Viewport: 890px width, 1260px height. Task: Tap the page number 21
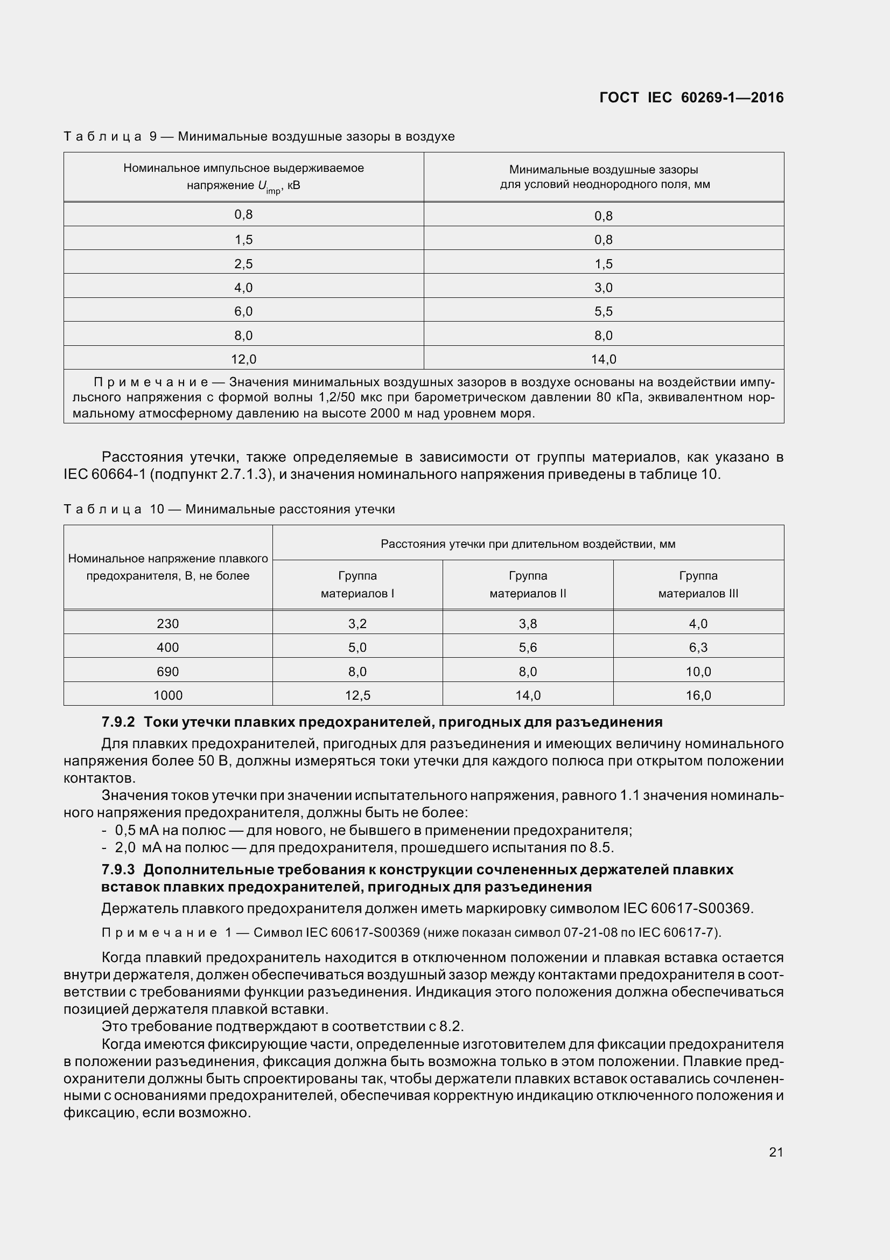point(776,1152)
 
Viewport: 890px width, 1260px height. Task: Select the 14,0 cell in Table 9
point(603,359)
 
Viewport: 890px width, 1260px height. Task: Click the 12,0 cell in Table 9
point(243,359)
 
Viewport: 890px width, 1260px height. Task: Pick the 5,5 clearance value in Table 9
point(603,312)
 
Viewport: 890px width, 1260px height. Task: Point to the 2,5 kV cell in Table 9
point(243,264)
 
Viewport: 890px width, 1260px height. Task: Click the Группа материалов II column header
point(528,584)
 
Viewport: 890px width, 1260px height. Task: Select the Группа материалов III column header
point(698,584)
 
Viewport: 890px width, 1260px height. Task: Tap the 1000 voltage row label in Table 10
point(168,695)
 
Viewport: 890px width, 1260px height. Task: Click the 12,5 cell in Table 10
point(358,695)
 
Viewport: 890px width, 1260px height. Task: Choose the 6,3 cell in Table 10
point(698,648)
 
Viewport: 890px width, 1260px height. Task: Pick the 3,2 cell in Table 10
point(358,624)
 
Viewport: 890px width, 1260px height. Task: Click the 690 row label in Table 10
point(168,672)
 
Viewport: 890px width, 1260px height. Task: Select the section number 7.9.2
point(118,722)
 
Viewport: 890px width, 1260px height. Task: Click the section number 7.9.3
point(118,870)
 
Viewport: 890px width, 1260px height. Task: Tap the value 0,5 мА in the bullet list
point(138,830)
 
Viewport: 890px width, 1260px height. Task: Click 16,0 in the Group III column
point(698,695)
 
